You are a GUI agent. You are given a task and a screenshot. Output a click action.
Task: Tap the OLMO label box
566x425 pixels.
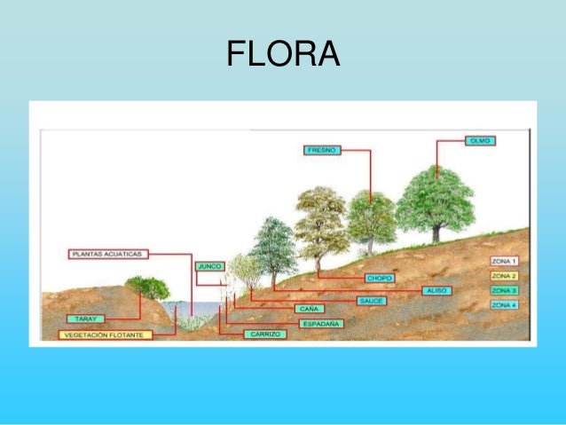coord(479,140)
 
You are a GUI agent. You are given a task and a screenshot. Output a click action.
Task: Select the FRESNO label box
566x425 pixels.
coord(321,150)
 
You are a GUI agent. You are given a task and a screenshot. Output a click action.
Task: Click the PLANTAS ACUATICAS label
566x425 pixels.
coord(106,254)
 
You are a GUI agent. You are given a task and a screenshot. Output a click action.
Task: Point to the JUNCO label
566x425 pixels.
coord(208,265)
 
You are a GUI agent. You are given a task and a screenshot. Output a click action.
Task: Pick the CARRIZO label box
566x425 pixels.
coord(265,334)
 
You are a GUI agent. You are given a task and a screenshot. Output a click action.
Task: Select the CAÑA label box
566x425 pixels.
coord(303,308)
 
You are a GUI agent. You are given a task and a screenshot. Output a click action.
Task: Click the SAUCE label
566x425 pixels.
coord(371,301)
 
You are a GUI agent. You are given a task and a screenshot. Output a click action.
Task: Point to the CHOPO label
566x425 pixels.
coord(379,278)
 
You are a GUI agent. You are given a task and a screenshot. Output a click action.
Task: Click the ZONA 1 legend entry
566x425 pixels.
coord(504,262)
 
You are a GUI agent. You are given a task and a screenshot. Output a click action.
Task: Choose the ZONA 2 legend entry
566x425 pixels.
coord(504,276)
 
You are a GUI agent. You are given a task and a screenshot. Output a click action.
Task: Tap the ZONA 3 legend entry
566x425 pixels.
coord(504,290)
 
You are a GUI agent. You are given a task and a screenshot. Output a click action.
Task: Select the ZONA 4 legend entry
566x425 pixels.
coord(504,305)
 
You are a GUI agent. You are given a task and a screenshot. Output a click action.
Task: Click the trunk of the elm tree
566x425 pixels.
coord(436,232)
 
